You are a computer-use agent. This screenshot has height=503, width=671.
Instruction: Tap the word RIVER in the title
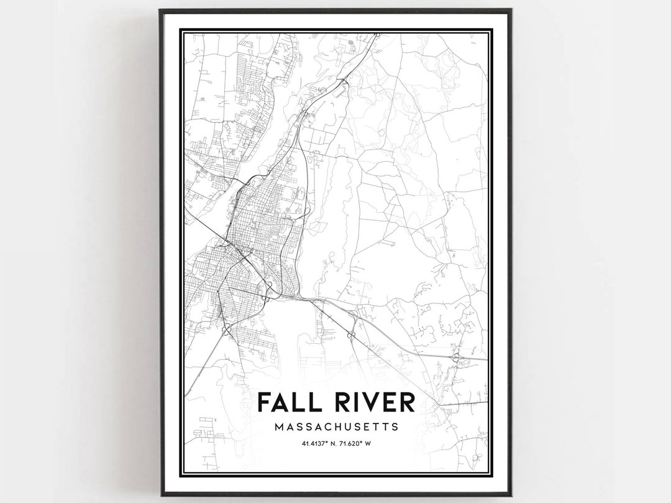pyautogui.click(x=372, y=402)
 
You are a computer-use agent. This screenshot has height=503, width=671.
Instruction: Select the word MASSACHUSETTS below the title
pyautogui.click(x=335, y=427)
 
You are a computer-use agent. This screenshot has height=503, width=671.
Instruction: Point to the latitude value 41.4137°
pyautogui.click(x=316, y=443)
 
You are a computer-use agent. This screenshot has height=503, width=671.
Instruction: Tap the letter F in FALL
pyautogui.click(x=264, y=402)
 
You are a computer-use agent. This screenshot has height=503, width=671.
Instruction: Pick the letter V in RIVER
pyautogui.click(x=372, y=402)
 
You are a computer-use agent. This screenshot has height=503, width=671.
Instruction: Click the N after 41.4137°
pyautogui.click(x=333, y=443)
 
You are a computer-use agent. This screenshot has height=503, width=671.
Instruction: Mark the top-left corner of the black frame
pyautogui.click(x=160, y=10)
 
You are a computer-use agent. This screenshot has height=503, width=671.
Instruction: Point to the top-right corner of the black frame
pyautogui.click(x=511, y=10)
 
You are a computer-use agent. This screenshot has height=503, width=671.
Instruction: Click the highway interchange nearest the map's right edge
pyautogui.click(x=457, y=358)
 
